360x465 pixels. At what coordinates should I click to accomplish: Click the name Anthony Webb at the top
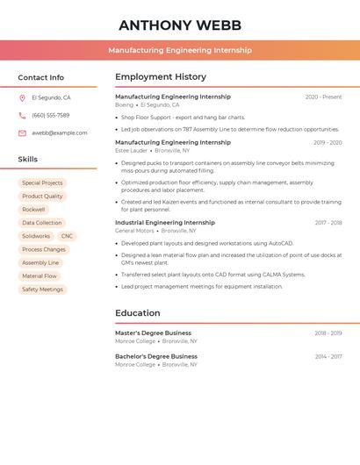(x=179, y=25)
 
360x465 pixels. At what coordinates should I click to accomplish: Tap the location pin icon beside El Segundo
(x=22, y=97)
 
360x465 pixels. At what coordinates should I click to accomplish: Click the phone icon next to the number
(x=22, y=115)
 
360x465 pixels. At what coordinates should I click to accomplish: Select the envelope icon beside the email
(x=22, y=132)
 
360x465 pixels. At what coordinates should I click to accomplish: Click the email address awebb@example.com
(x=60, y=132)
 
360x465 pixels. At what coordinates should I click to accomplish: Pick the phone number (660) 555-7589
(x=50, y=115)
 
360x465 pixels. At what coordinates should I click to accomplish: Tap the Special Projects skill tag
(x=42, y=183)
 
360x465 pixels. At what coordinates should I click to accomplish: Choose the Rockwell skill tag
(x=33, y=210)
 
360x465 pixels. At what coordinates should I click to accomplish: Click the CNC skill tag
(x=67, y=236)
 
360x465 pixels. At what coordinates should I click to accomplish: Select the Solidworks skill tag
(x=36, y=236)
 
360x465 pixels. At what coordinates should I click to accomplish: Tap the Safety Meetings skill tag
(x=42, y=289)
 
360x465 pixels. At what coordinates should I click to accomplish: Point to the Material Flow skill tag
(x=39, y=275)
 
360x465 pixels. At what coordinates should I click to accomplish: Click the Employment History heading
(x=161, y=77)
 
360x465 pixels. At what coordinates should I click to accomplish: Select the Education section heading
(x=138, y=313)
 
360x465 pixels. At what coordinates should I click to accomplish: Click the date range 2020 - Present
(x=323, y=97)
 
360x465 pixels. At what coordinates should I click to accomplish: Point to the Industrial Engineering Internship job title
(x=165, y=223)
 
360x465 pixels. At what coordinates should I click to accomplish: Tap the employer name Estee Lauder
(x=132, y=150)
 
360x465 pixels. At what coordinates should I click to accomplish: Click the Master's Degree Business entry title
(x=153, y=333)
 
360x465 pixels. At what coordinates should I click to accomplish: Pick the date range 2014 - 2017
(x=328, y=357)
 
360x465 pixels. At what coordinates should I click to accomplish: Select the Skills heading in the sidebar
(x=28, y=160)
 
